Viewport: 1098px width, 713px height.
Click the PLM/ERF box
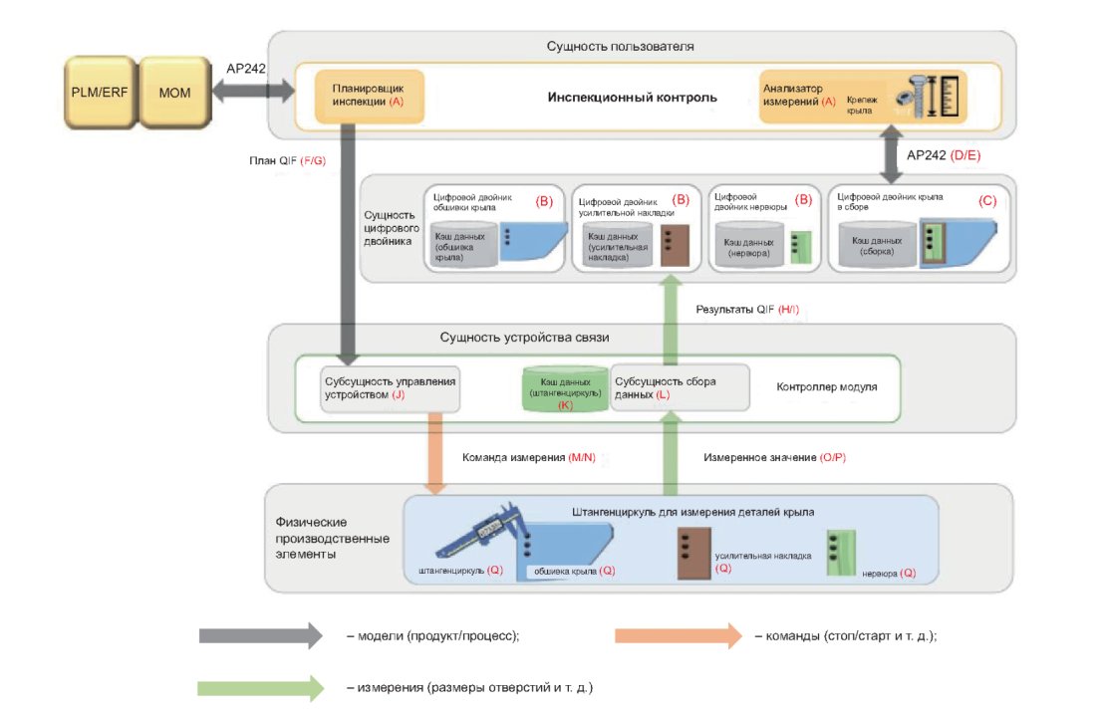pyautogui.click(x=97, y=93)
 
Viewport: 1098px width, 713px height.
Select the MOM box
pyautogui.click(x=174, y=93)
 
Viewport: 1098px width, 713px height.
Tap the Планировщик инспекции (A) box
pyautogui.click(x=369, y=96)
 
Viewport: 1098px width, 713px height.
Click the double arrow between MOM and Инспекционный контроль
pyautogui.click(x=252, y=92)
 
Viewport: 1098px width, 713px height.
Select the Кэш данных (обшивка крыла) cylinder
pyautogui.click(x=461, y=244)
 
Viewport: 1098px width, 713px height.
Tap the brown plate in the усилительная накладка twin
pyautogui.click(x=670, y=245)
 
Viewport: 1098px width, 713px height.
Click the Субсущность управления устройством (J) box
pyautogui.click(x=390, y=386)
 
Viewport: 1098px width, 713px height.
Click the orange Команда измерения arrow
pyautogui.click(x=435, y=453)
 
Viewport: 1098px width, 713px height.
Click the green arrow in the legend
pyautogui.click(x=261, y=687)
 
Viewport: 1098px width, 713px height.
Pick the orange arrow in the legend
pyautogui.click(x=678, y=635)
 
